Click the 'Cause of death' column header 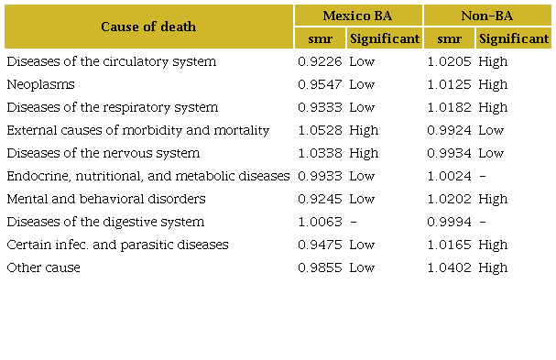(x=148, y=27)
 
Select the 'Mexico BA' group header (x=358, y=15)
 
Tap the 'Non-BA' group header (x=488, y=15)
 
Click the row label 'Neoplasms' (x=40, y=84)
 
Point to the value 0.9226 (x=320, y=61)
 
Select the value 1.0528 (x=320, y=130)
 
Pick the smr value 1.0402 (x=449, y=267)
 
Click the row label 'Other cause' (x=43, y=267)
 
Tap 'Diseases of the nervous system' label (x=103, y=153)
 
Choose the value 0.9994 (x=449, y=222)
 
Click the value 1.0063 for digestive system (x=320, y=222)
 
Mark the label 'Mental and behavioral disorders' (x=105, y=199)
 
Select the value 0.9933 (x=320, y=176)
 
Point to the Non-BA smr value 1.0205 (x=449, y=61)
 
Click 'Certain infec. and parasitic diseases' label (x=117, y=245)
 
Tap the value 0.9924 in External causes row (x=449, y=130)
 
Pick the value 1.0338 (x=320, y=153)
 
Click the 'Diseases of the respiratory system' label (x=112, y=107)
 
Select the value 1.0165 (x=449, y=245)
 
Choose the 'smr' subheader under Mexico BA (x=320, y=38)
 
